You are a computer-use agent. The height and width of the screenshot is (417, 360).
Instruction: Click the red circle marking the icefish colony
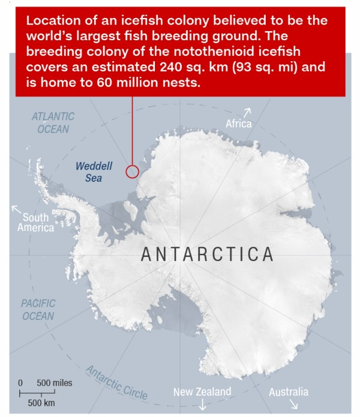pyautogui.click(x=133, y=172)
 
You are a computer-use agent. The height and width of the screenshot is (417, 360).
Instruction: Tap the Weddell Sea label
pyautogui.click(x=89, y=172)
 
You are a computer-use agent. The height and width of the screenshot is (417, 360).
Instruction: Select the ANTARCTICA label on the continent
pyautogui.click(x=208, y=254)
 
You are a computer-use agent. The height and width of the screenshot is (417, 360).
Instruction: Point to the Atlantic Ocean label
pyautogui.click(x=53, y=122)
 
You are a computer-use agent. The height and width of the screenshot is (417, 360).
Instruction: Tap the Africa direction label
pyautogui.click(x=238, y=124)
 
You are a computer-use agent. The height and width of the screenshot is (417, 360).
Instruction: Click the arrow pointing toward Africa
pyautogui.click(x=248, y=112)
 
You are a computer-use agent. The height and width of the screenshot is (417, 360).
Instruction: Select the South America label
pyautogui.click(x=35, y=223)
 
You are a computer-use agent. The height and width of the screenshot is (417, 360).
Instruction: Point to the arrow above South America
pyautogui.click(x=16, y=209)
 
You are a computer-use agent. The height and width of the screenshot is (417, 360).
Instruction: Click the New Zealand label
pyautogui.click(x=202, y=392)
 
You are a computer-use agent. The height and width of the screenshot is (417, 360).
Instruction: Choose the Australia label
pyautogui.click(x=288, y=392)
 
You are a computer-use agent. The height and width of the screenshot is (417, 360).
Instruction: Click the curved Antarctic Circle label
pyautogui.click(x=117, y=382)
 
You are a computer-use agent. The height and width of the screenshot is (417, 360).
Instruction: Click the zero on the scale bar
pyautogui.click(x=20, y=382)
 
